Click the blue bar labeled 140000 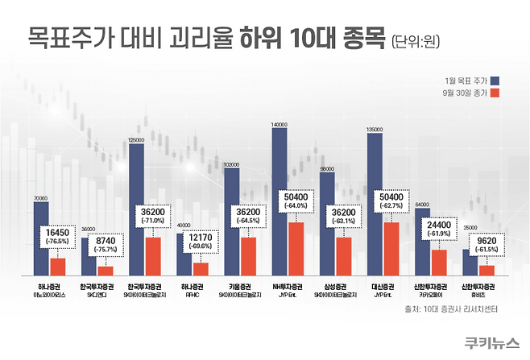[x=279, y=201]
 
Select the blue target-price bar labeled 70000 [x=41, y=238]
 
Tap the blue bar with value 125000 [x=136, y=209]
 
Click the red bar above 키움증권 [x=248, y=255]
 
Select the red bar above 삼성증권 [x=343, y=255]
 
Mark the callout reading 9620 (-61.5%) [x=486, y=244]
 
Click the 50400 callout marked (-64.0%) [x=296, y=201]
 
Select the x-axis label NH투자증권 [x=287, y=287]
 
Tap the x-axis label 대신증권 [x=382, y=287]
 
